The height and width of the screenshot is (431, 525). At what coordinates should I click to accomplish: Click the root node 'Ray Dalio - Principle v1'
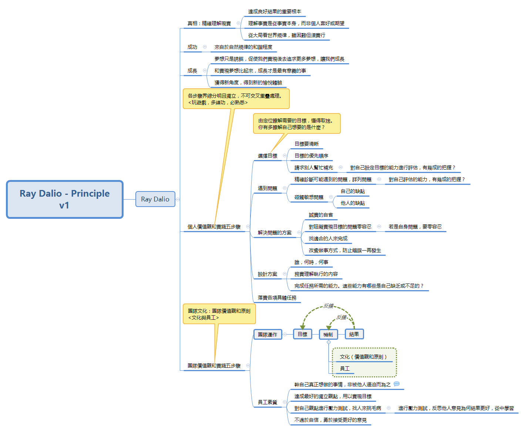pos(65,199)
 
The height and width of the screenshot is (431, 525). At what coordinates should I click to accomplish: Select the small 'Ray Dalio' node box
pos(155,199)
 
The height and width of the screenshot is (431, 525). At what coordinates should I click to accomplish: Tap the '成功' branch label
pos(192,47)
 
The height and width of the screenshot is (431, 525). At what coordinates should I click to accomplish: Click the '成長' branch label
pos(192,71)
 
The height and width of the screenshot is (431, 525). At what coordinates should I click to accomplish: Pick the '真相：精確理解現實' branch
pos(209,23)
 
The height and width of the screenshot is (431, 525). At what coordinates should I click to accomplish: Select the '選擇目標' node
pos(267,156)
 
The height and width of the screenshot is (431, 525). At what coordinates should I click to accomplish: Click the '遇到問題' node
pos(267,188)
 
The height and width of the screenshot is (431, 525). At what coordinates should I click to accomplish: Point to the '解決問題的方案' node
pos(275,233)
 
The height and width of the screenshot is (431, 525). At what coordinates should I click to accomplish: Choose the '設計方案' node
pos(267,274)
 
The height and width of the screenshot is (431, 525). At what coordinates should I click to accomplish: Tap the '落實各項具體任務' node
pos(277,298)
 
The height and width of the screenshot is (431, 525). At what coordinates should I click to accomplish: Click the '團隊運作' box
pos(268,335)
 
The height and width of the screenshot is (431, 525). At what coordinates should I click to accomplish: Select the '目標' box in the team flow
pos(303,334)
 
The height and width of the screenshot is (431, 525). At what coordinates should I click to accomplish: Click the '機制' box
pos(328,335)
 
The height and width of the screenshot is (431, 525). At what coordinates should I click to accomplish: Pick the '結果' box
pos(354,334)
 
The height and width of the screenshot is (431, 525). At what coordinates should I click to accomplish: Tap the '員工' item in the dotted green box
pos(345,369)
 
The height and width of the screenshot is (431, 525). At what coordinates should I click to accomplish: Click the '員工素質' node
pos(267,402)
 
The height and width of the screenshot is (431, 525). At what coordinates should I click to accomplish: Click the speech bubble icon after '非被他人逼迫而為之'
pos(397,384)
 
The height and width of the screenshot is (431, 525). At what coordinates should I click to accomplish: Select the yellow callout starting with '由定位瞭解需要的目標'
pos(296,123)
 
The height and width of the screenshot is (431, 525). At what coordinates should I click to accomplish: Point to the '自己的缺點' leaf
pos(353,191)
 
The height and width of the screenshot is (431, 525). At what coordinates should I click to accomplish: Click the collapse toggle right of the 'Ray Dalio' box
pos(178,199)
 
